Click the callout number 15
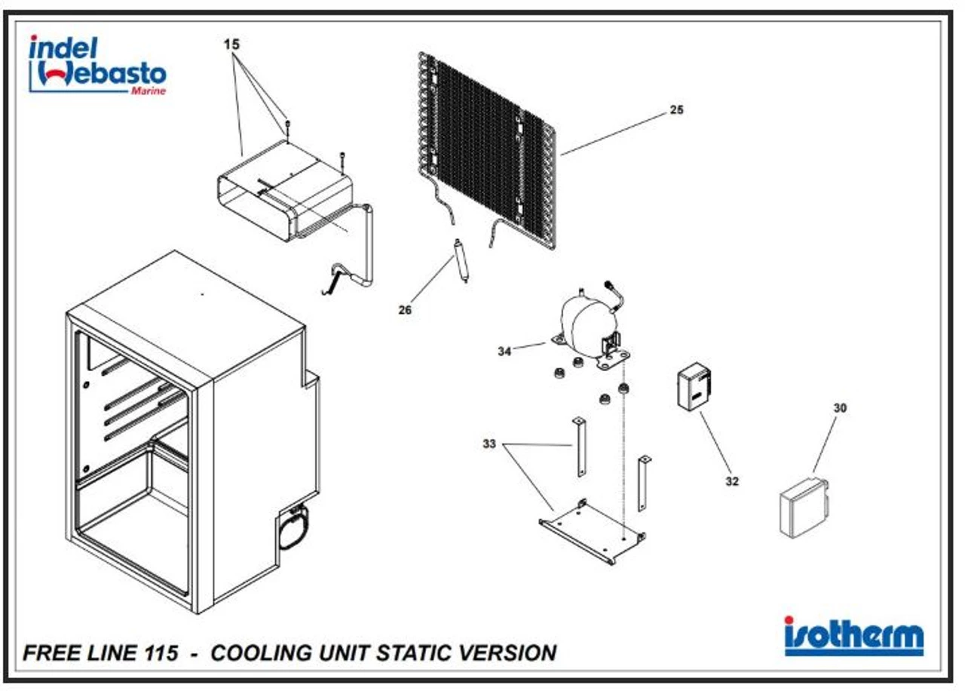pyautogui.click(x=231, y=45)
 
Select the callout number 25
pyautogui.click(x=676, y=110)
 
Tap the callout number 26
pyautogui.click(x=405, y=309)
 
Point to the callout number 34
pyautogui.click(x=504, y=351)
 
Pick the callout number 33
pyautogui.click(x=489, y=444)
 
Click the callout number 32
pyautogui.click(x=732, y=481)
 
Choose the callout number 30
pyautogui.click(x=840, y=407)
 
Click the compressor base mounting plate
pyautogui.click(x=593, y=533)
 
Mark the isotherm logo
pyautogui.click(x=853, y=636)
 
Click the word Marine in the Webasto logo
pyautogui.click(x=148, y=91)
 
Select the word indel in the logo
pyautogui.click(x=63, y=48)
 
